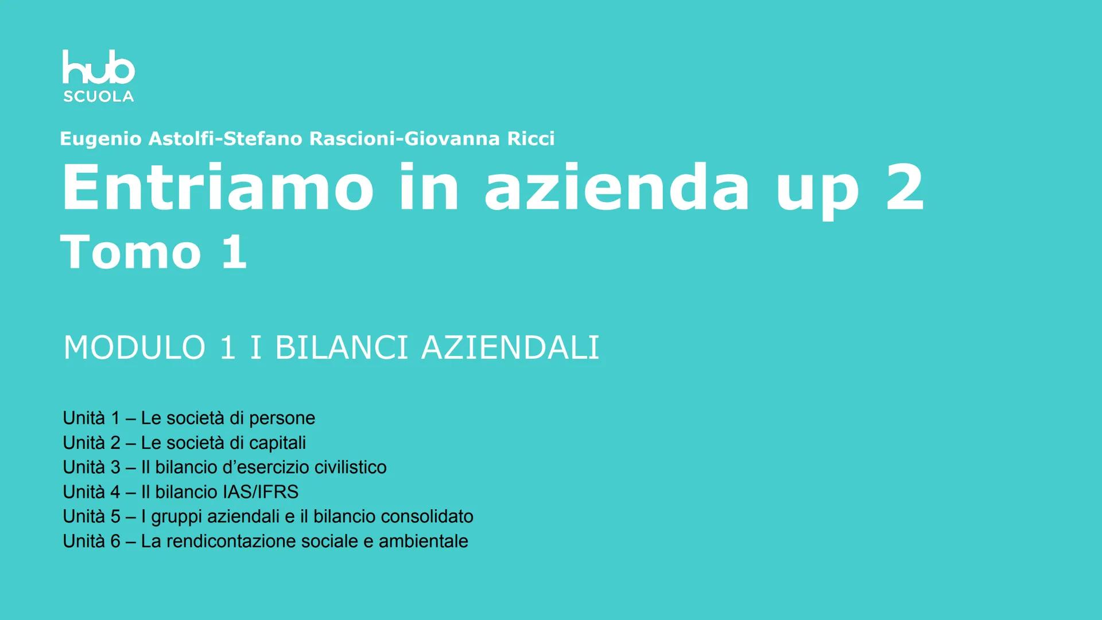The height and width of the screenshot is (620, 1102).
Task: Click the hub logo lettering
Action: pos(98,68)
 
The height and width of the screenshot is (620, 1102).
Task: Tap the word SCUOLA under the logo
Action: pos(98,96)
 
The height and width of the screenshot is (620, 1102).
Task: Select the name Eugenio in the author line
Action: pos(100,139)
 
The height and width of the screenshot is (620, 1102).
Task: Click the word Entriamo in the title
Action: pos(218,187)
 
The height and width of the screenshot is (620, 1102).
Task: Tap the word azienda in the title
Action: pos(617,187)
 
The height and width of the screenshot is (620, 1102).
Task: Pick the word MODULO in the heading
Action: pos(135,348)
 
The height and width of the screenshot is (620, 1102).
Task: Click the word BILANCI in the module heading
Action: pos(342,348)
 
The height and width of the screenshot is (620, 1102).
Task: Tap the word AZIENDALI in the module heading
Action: pos(510,348)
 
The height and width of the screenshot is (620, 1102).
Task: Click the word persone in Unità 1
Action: pos(282,418)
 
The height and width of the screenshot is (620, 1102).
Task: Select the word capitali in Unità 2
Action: pos(277,443)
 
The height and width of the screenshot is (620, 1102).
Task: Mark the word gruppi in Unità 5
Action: pos(176,517)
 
